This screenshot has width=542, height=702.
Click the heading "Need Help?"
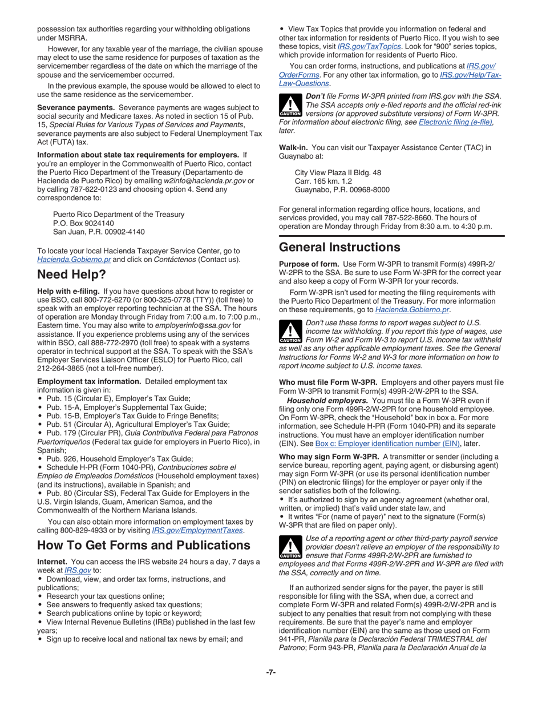[71, 275]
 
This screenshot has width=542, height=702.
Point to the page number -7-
[271, 672]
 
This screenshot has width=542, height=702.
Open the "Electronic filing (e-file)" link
[456, 122]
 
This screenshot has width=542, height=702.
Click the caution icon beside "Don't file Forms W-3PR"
[291, 105]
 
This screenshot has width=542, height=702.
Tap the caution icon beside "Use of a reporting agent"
[291, 547]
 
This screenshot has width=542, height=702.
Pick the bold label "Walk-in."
[294, 147]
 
